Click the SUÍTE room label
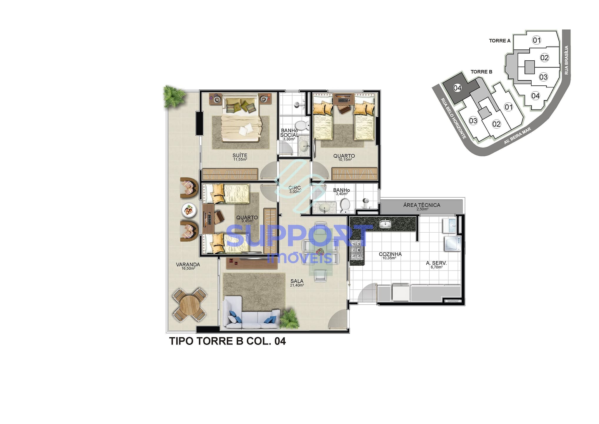coord(240,155)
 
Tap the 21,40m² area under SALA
coord(297,285)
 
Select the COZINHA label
coord(390,254)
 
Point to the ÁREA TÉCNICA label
coord(422,205)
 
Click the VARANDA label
coord(188,264)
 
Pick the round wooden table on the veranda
coord(190,305)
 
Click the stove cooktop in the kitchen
coord(356,250)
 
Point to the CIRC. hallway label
coord(295,188)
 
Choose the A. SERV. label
coord(436,263)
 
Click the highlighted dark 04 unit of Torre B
coord(457,88)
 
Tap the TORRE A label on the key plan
coord(500,41)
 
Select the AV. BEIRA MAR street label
coord(518,136)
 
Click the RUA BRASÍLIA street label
coord(566,60)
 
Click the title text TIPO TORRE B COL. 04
coord(227,341)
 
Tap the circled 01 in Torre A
coord(537,40)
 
